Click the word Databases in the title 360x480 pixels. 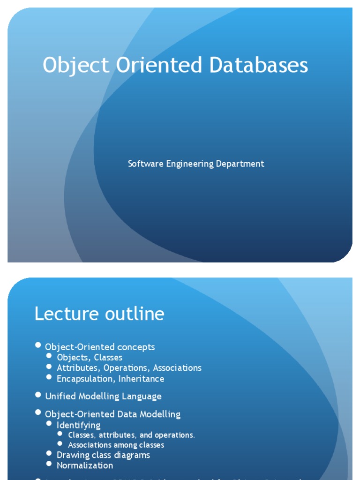click(x=259, y=65)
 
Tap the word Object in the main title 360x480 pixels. click(x=75, y=65)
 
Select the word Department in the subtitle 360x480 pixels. click(x=240, y=164)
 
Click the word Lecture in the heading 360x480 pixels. click(x=66, y=314)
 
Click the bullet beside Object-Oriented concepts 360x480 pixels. click(x=38, y=345)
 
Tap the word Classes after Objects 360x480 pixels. click(x=108, y=357)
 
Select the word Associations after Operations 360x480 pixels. click(x=177, y=368)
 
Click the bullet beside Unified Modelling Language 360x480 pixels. click(x=38, y=395)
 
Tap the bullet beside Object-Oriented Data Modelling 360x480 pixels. click(x=38, y=412)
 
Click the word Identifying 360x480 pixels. click(x=78, y=425)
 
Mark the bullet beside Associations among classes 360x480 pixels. click(x=60, y=443)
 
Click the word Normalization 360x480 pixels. click(x=85, y=465)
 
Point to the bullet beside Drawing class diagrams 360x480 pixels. click(x=50, y=454)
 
